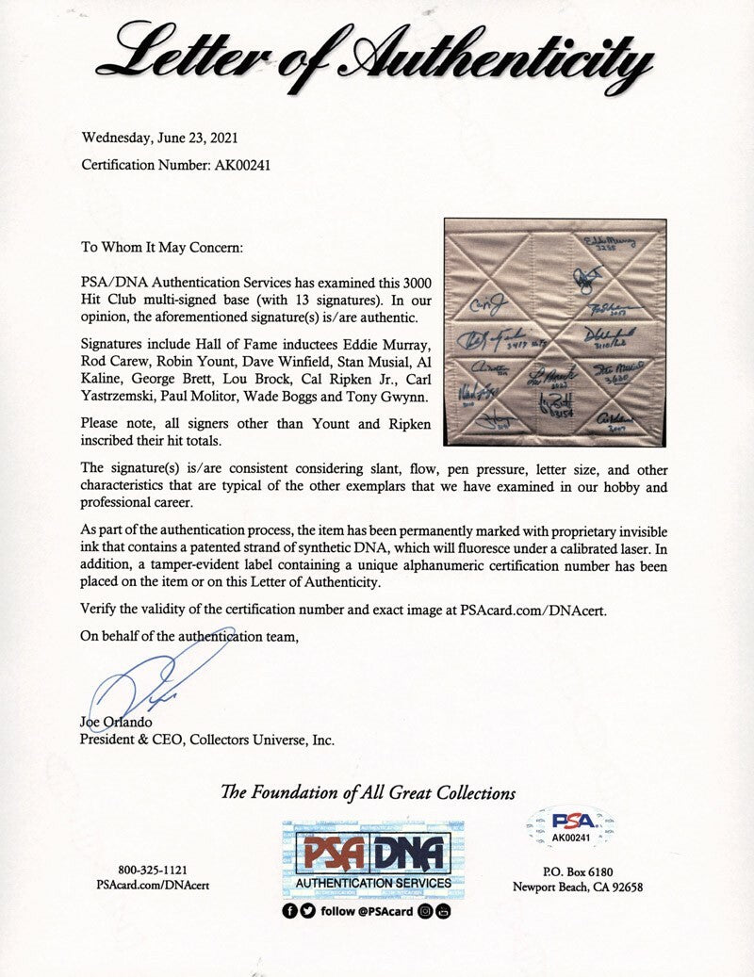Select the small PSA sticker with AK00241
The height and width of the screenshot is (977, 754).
point(569,826)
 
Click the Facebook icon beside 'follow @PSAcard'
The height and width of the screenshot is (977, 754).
point(289,911)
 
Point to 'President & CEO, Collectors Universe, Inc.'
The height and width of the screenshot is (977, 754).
point(207,741)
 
